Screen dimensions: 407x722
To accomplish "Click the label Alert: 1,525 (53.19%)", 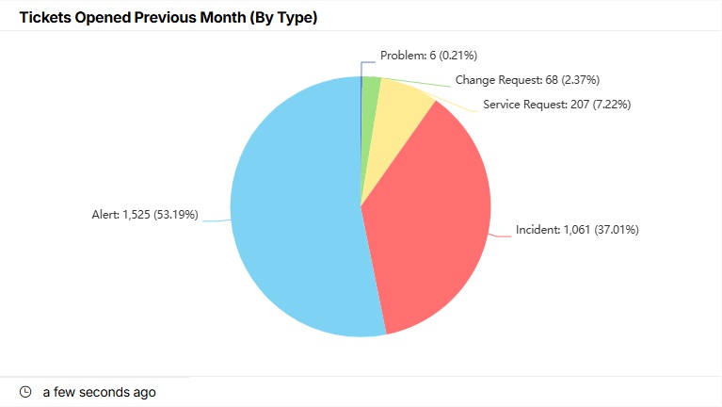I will click(145, 215).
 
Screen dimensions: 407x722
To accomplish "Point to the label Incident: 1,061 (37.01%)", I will click(577, 229).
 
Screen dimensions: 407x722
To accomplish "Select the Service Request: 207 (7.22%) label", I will click(556, 104).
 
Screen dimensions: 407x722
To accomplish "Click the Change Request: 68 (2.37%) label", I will click(527, 80).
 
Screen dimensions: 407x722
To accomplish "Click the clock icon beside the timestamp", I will click(26, 392).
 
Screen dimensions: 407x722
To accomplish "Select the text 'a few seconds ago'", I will click(100, 392).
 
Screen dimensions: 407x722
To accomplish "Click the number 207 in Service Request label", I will click(580, 104).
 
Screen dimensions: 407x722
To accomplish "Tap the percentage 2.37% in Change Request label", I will click(580, 80).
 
